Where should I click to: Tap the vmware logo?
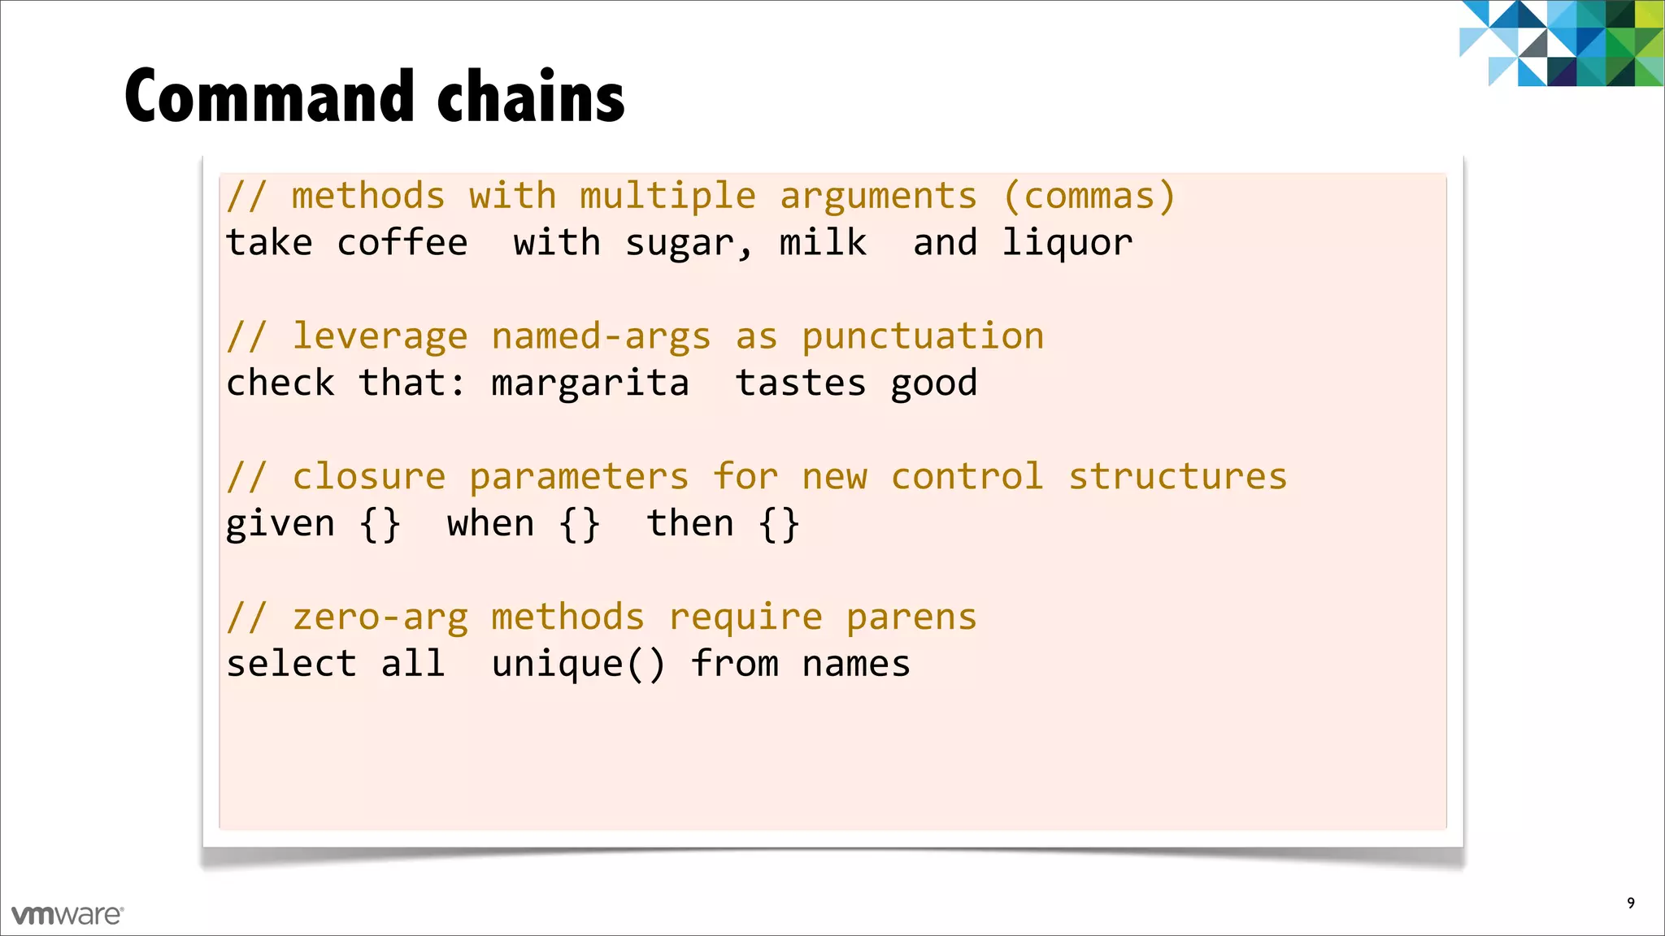tap(67, 915)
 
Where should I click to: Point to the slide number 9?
tap(1630, 903)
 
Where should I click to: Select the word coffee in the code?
tap(402, 243)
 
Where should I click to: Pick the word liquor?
tap(1067, 243)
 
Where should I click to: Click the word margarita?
tap(590, 383)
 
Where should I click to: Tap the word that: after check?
tap(412, 383)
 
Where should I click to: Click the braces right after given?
tap(380, 524)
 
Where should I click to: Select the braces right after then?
tap(779, 524)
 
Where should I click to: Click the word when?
tap(490, 523)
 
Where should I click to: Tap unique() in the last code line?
tap(578, 665)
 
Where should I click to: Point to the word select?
tap(291, 664)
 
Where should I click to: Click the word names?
tap(856, 665)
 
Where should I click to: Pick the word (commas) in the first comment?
tap(1089, 197)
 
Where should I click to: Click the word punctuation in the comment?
tap(923, 336)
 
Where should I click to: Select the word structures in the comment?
tap(1178, 477)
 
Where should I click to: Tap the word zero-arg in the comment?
tap(380, 618)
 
